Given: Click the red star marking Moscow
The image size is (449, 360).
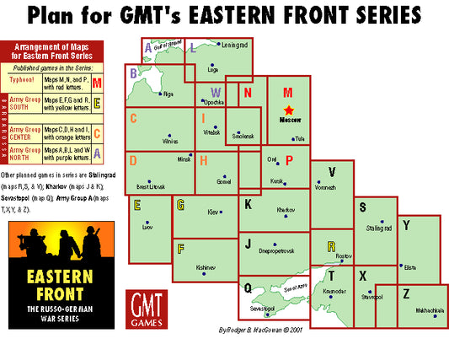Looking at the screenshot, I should coord(289,110).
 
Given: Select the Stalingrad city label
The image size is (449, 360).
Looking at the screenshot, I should coord(380,227).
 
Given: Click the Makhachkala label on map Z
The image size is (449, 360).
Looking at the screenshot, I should coord(429,309).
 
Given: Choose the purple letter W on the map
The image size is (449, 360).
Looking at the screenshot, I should coord(216,91).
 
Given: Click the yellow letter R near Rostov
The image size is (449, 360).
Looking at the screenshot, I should coord(330,245).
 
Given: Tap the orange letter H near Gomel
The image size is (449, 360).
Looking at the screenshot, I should coord(203,159).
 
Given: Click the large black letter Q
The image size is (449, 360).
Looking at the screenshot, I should coord(248,287).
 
